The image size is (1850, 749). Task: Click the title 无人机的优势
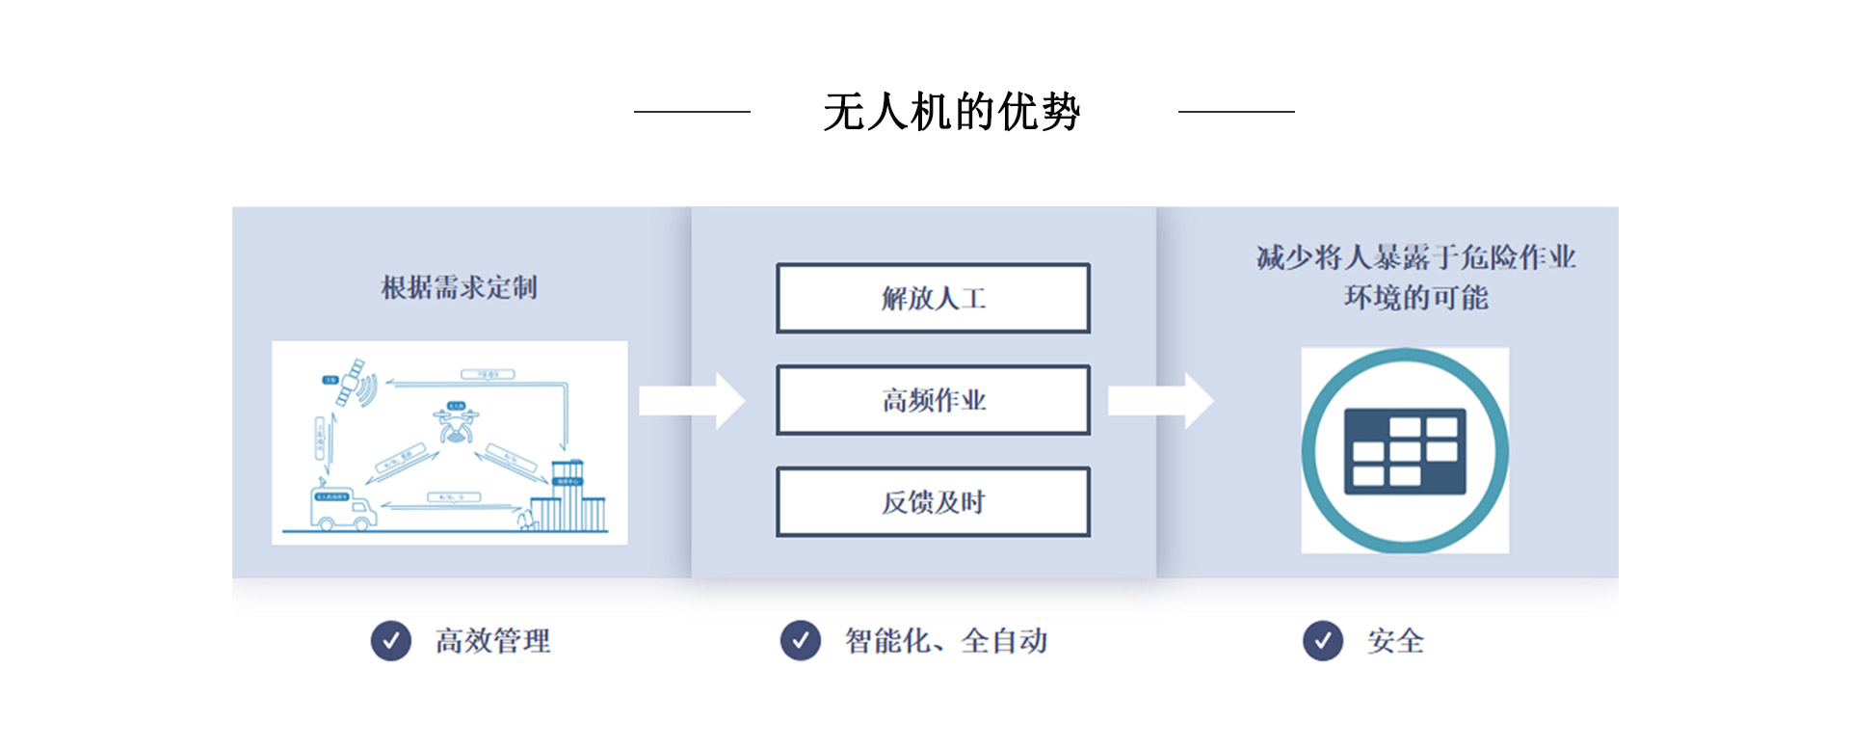coord(951,112)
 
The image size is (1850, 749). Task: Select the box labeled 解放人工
coord(933,299)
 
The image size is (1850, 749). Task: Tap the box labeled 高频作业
coord(933,400)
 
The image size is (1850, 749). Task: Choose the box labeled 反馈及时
coord(933,502)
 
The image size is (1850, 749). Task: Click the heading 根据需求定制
coord(459,287)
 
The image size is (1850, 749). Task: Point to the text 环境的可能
coord(1415,298)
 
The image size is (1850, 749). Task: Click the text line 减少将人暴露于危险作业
coord(1415,257)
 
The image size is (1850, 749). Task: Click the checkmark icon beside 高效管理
coord(391,640)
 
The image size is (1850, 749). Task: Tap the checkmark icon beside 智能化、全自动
coord(801,640)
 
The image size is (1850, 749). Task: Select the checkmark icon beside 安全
coord(1323,640)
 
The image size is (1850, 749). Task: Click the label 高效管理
coord(492,641)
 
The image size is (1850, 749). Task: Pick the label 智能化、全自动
coord(946,641)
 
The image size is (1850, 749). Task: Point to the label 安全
coord(1395,641)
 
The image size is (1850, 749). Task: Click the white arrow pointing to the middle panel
coord(691,400)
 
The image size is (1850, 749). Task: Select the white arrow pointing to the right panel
coord(1160,400)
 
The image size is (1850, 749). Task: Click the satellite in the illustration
coord(355,382)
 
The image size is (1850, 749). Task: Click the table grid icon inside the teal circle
coord(1405,451)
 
